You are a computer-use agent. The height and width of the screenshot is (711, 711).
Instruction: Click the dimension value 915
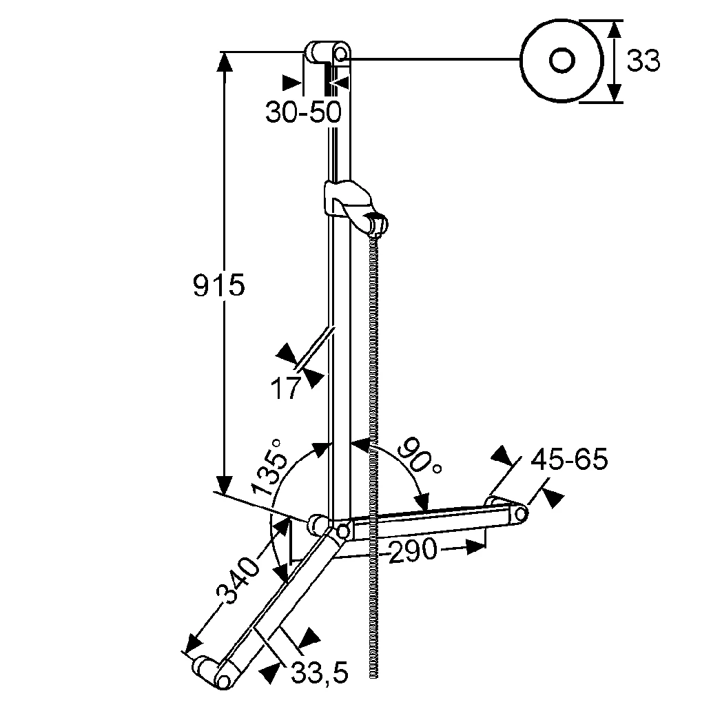[x=218, y=285]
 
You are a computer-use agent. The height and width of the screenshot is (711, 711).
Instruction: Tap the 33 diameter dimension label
[x=643, y=61]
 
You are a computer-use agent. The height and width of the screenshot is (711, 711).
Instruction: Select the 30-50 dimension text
[x=303, y=111]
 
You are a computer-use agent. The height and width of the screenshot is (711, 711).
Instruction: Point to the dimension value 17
[x=285, y=389]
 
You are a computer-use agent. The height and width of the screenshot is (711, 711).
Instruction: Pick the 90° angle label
[x=420, y=455]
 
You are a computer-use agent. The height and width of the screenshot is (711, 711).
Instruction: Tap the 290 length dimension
[x=413, y=550]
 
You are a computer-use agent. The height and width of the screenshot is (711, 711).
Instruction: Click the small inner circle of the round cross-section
[x=563, y=60]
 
